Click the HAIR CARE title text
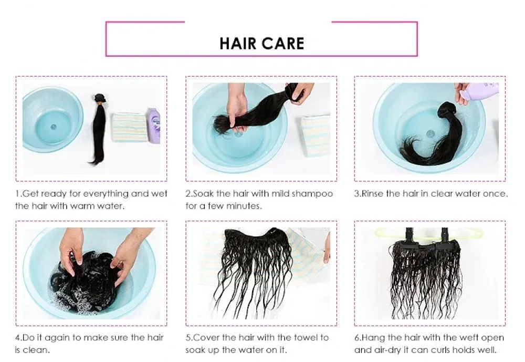(261, 43)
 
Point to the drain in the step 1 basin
(52, 126)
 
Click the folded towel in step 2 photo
(316, 135)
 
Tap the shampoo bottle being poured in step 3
(479, 92)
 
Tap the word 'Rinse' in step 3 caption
(373, 193)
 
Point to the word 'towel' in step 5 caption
(303, 337)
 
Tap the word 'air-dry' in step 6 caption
(386, 350)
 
